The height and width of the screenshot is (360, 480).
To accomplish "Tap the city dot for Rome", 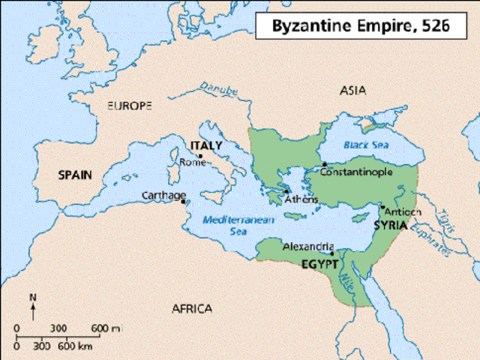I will [199, 156].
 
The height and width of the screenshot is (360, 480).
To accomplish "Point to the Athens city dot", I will [286, 190].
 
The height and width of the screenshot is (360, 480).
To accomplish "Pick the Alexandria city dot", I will [331, 253].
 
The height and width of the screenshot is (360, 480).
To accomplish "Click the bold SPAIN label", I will [75, 175].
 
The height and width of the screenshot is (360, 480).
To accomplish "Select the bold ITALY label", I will [207, 145].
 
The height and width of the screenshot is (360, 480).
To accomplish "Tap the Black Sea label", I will [363, 144].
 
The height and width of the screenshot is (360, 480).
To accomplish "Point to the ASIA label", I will [352, 90].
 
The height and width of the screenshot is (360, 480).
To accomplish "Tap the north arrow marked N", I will [32, 303].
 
